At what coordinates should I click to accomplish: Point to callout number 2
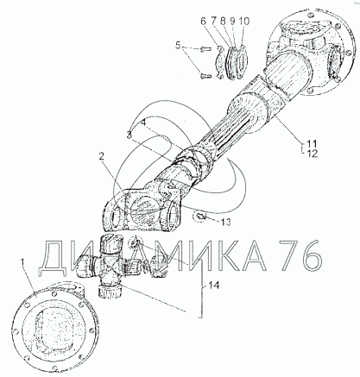point(101,157)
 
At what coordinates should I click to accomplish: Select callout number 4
point(143,123)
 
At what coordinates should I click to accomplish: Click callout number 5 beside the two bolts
point(179,46)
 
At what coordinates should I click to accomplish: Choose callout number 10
point(244,22)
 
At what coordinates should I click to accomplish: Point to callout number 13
point(225,223)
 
